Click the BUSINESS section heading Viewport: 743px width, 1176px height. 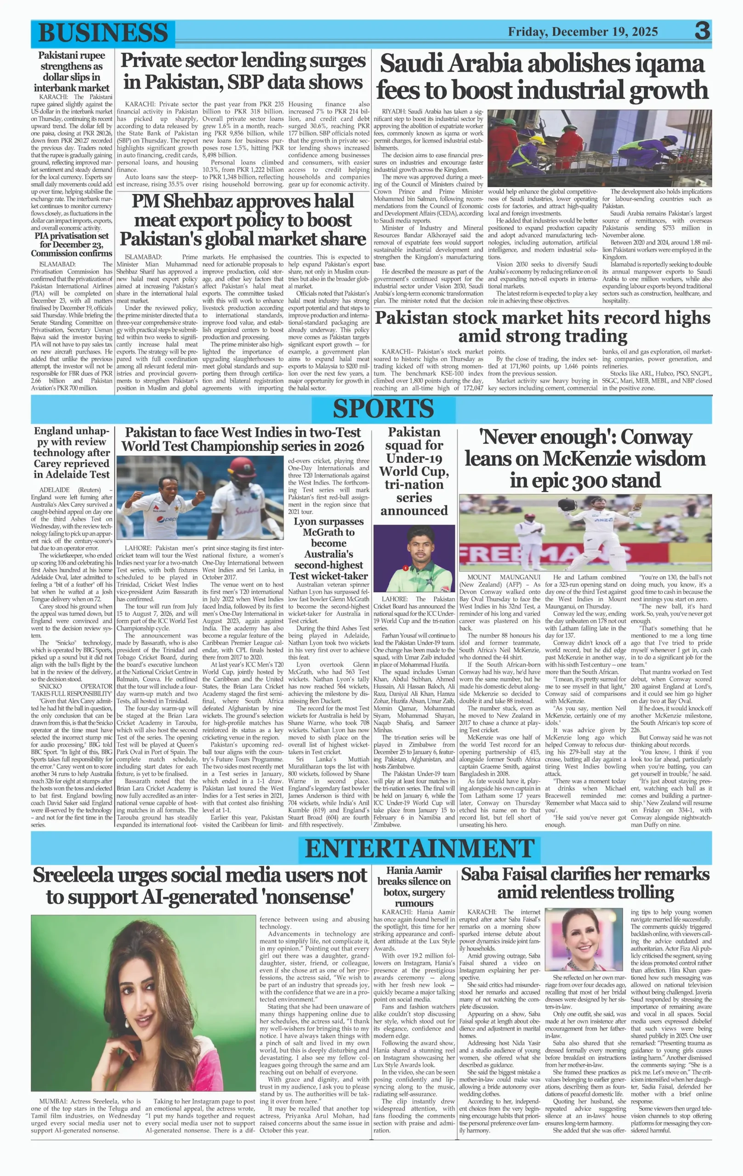click(x=102, y=33)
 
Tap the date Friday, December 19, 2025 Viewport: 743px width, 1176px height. click(x=583, y=32)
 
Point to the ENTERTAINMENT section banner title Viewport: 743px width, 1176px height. click(x=420, y=848)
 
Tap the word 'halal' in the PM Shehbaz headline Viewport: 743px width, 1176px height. click(x=333, y=201)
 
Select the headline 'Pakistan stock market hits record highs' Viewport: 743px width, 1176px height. click(x=542, y=326)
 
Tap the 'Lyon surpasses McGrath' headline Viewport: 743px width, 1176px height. click(x=328, y=548)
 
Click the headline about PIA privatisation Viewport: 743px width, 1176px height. click(x=72, y=244)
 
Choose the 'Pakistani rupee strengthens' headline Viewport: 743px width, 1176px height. click(x=72, y=72)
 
